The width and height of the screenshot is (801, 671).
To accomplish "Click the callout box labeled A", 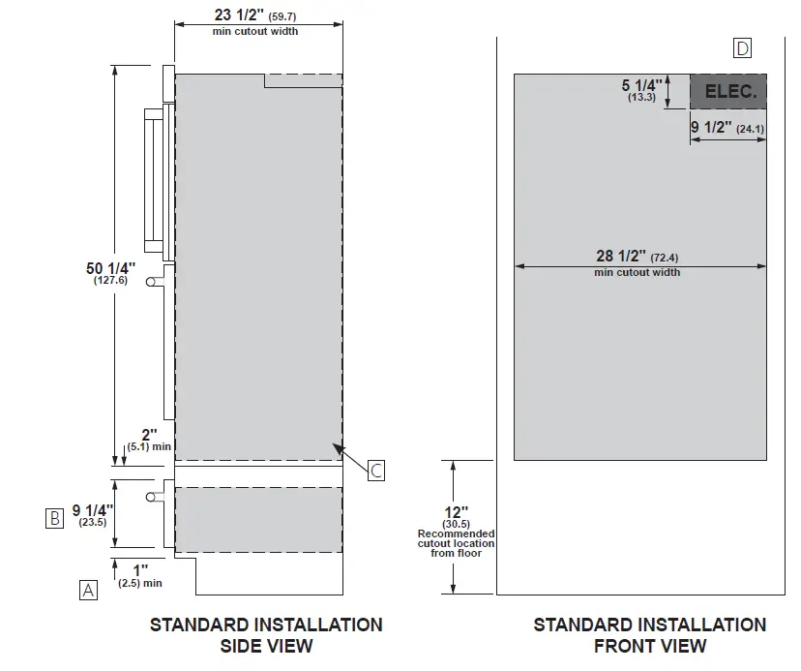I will click(88, 589).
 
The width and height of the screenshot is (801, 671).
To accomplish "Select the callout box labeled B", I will click(55, 518).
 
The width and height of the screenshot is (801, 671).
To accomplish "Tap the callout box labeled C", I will click(376, 471).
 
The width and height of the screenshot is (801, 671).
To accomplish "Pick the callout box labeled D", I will click(742, 48).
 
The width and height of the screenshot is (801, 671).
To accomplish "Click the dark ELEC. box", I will click(728, 92).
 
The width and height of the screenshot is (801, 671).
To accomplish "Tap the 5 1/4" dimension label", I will click(641, 85).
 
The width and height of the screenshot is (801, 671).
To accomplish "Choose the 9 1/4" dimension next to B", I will click(93, 510).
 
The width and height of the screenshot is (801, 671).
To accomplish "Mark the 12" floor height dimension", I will click(457, 510).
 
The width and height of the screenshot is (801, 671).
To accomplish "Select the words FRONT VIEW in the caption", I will click(649, 646).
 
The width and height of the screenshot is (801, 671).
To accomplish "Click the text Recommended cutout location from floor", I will click(456, 543).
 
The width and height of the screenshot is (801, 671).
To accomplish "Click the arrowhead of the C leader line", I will click(335, 445).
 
